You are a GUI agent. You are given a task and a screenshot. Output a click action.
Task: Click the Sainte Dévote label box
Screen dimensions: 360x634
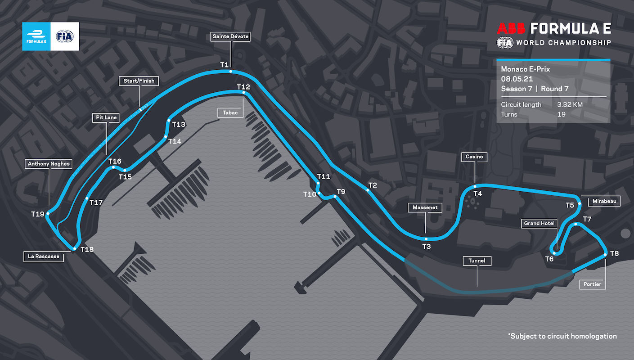click(230, 36)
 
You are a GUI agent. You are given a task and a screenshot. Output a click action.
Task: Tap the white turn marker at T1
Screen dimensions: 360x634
click(230, 71)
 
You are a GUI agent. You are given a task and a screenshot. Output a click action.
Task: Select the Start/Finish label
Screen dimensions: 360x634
click(139, 81)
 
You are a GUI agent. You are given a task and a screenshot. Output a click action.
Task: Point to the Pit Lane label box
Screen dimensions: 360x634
click(106, 117)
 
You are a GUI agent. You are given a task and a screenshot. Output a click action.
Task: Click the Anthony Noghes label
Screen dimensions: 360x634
click(49, 164)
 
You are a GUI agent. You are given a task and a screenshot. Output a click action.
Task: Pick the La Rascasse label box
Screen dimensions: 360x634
click(44, 257)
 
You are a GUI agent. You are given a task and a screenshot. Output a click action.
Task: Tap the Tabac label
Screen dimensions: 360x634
click(230, 112)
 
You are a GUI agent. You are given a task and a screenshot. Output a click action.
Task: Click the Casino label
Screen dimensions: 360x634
click(474, 157)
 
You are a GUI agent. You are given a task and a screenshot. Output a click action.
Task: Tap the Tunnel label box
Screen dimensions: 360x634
click(477, 261)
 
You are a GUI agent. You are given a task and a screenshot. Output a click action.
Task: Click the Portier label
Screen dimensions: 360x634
click(592, 284)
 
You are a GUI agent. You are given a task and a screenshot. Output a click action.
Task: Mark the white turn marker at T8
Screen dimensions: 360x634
click(605, 255)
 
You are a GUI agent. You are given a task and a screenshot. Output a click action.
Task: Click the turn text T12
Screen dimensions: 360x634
click(243, 87)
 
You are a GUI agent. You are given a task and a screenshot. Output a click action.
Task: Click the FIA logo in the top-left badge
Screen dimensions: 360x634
click(65, 36)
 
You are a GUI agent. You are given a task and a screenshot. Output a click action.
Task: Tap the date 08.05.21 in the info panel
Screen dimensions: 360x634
click(516, 79)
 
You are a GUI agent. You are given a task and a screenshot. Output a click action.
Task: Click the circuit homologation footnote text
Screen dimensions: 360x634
click(562, 336)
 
